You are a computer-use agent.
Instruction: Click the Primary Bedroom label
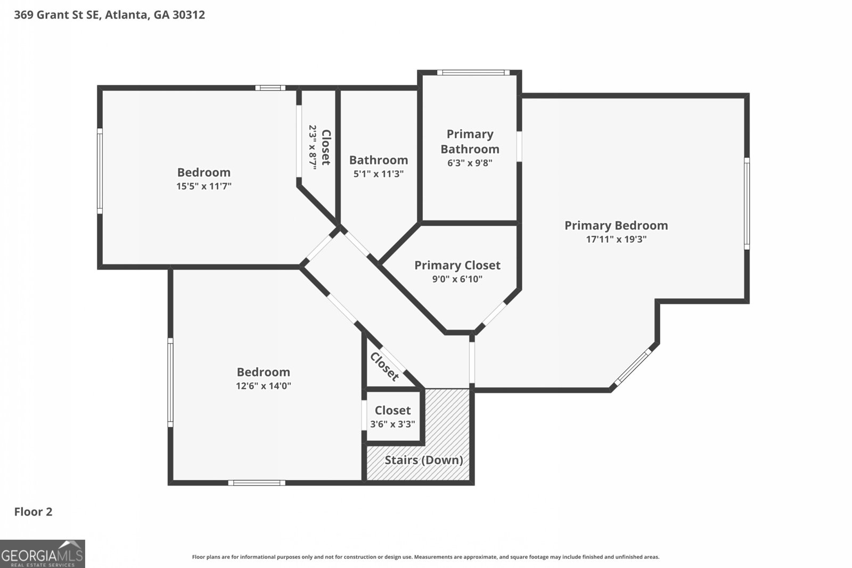616,226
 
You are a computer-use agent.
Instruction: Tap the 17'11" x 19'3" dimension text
616,240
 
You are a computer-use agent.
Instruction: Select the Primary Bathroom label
470,142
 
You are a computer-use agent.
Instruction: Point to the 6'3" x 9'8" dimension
470,163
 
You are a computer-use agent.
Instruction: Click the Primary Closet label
457,265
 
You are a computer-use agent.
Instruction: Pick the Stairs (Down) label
423,460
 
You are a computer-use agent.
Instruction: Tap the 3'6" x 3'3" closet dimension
392,424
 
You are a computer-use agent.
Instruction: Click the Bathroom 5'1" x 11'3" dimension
379,174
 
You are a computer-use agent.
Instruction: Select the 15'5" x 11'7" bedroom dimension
204,186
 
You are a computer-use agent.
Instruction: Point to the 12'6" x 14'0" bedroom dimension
264,386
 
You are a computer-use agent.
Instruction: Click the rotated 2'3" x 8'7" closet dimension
313,147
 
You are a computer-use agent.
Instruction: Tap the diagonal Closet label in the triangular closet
384,367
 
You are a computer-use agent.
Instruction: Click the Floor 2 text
33,512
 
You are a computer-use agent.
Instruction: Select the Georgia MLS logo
42,554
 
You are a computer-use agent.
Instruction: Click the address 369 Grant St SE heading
109,15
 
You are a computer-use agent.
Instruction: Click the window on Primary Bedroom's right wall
747,203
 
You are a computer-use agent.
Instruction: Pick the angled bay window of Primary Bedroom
633,366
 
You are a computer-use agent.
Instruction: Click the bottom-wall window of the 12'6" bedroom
257,483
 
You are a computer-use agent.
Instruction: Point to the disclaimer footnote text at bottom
425,557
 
